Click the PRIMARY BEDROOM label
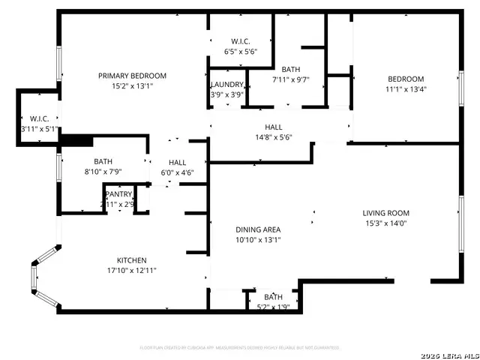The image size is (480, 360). tap(132, 76)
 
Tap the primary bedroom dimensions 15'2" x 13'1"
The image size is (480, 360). tap(132, 85)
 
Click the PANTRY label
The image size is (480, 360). tap(118, 194)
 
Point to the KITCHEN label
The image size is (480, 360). tap(131, 260)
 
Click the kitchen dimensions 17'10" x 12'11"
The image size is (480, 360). tap(131, 270)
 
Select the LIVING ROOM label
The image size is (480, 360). tap(386, 213)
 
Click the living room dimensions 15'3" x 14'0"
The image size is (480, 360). tap(386, 223)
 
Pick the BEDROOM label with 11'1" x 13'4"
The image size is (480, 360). tap(406, 79)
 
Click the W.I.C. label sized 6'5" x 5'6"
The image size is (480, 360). tap(240, 41)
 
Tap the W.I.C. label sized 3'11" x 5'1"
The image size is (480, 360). tap(39, 118)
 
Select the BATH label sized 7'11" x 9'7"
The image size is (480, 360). tap(290, 70)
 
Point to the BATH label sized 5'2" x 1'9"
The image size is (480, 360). tap(273, 297)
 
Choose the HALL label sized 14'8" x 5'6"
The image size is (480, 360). tap(273, 127)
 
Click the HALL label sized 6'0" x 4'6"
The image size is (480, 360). tap(178, 162)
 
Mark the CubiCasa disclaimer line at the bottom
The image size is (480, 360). tap(240, 347)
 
